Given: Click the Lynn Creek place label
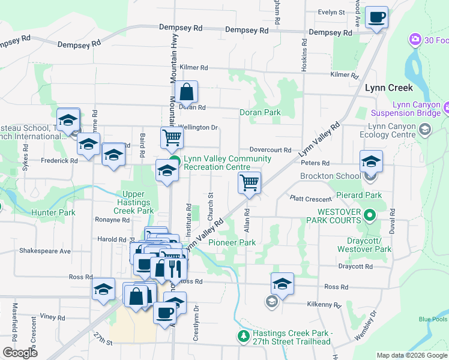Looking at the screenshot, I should click(389, 88).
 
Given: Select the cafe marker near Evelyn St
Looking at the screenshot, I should click(376, 18).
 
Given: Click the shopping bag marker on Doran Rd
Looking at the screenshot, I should click(187, 93).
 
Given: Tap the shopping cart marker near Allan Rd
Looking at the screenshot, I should click(249, 182).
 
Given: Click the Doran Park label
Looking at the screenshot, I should click(260, 112).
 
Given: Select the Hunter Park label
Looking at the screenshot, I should click(54, 212).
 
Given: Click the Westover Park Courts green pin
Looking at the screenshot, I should click(370, 215).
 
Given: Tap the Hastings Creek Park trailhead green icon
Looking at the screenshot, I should click(243, 336).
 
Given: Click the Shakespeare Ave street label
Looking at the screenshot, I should click(45, 250).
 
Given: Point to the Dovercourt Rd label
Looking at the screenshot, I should click(270, 150).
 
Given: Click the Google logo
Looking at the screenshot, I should click(20, 353).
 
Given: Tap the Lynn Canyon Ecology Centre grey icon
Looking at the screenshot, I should click(425, 130).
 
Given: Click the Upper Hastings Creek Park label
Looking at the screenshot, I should click(137, 202).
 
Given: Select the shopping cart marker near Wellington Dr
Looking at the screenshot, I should click(172, 138).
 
